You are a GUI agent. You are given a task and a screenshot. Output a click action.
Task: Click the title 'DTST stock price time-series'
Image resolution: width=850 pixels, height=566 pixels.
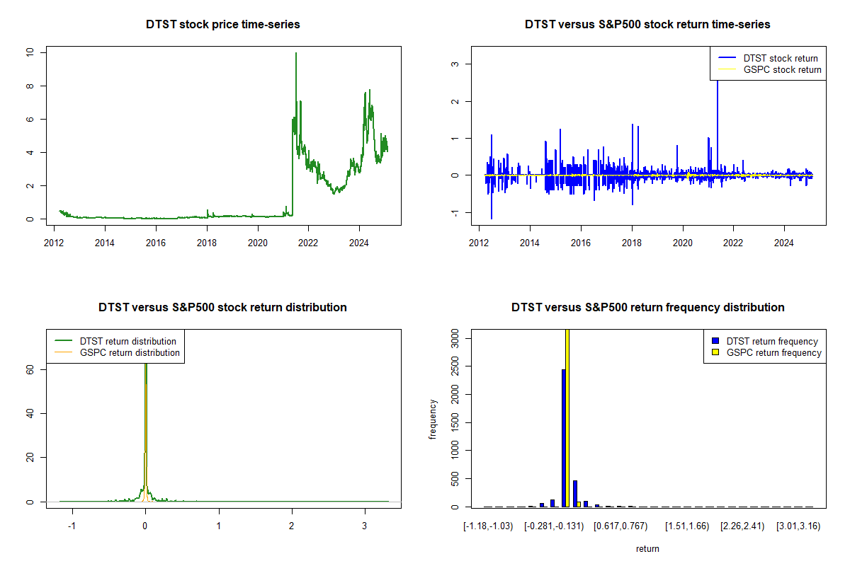(x=223, y=25)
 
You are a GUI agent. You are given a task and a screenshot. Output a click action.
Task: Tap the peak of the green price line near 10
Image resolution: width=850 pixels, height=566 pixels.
(x=296, y=54)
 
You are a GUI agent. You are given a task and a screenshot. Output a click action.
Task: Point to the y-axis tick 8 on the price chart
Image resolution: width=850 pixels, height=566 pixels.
(x=30, y=86)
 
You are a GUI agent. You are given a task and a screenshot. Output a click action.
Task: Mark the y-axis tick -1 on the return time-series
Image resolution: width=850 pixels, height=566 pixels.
(x=455, y=212)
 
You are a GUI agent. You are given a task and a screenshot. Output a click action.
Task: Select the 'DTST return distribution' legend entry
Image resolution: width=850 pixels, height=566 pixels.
(x=127, y=341)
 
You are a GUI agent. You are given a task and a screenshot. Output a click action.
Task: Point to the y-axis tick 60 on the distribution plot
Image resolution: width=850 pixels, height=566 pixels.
(x=30, y=369)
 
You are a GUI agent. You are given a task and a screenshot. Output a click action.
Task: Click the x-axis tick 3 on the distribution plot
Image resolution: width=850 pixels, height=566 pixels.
(x=365, y=526)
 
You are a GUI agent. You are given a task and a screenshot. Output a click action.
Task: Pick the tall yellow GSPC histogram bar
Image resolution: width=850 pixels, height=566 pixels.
(x=567, y=417)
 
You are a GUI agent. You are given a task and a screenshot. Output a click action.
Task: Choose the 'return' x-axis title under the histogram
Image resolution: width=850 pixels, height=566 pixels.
(x=647, y=548)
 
